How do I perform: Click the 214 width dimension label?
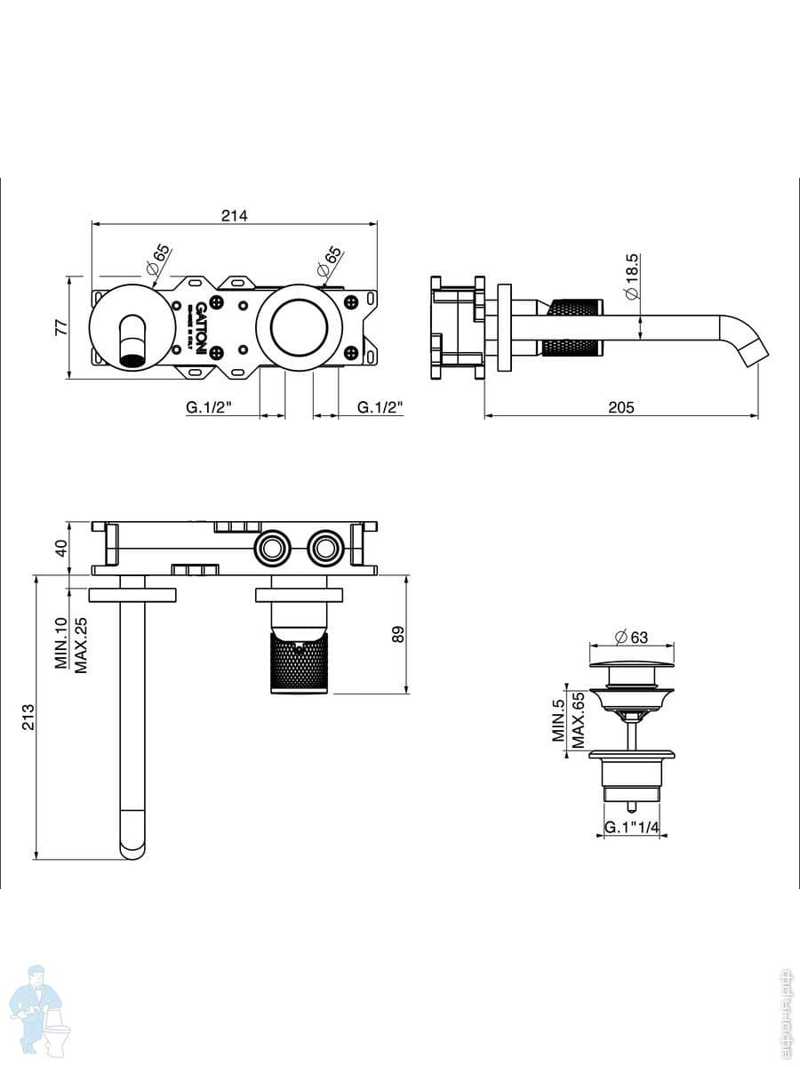point(235,215)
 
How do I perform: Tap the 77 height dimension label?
point(61,326)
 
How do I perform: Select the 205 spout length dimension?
point(620,407)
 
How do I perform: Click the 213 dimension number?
point(28,716)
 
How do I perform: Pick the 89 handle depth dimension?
point(398,634)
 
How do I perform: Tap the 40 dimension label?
point(61,548)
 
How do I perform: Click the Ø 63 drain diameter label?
point(632,637)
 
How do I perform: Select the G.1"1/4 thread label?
point(631,828)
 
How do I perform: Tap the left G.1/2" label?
point(209,407)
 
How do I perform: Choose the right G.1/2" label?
point(380,407)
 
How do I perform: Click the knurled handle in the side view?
point(574,327)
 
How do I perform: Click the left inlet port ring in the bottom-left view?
point(271,547)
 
